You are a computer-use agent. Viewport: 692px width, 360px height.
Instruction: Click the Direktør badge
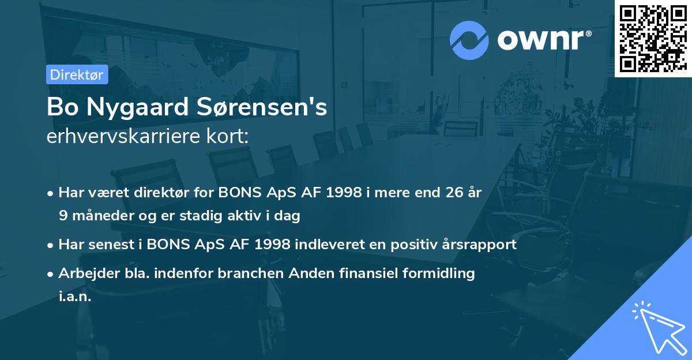coord(77,74)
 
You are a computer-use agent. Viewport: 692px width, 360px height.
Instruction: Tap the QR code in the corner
coord(653,38)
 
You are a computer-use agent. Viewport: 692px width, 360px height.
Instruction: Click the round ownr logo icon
coord(469,40)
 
